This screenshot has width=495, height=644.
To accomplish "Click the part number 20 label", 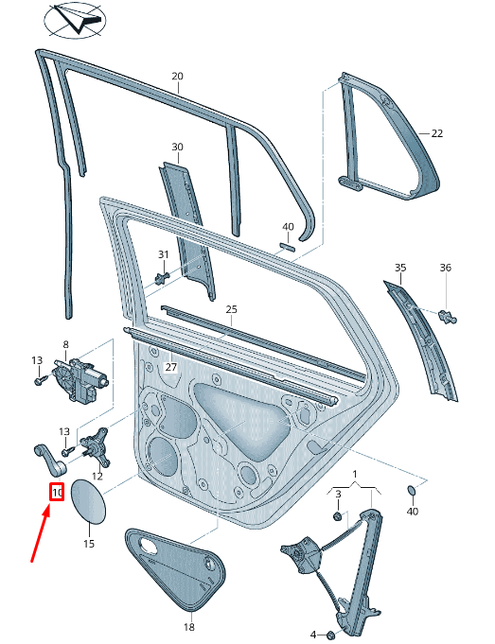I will (177, 76).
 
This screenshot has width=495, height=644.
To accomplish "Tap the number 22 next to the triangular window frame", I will (436, 133).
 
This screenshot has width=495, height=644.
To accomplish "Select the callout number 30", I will (177, 147).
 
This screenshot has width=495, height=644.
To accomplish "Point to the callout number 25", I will (231, 309).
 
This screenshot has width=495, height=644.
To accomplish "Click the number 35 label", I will (399, 269).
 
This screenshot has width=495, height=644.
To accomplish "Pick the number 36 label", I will (446, 269).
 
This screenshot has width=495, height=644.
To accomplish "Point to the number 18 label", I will (187, 628).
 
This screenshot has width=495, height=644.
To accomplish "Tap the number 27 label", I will (171, 367).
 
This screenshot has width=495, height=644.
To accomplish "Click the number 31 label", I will (163, 254).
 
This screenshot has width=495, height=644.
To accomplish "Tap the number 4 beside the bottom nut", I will (313, 634).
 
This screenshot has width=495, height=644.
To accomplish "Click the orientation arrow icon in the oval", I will (77, 19).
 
